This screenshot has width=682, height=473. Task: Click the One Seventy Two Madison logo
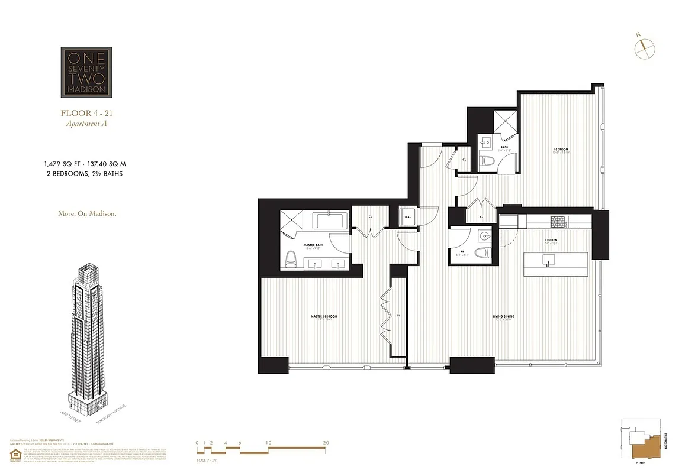86,72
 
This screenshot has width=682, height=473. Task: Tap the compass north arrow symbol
644,48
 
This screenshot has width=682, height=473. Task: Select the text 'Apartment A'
86,124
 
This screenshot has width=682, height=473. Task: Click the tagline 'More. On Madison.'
86,213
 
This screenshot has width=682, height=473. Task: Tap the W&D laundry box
408,217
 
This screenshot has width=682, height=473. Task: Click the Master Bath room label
313,245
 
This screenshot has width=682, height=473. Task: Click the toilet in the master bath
291,258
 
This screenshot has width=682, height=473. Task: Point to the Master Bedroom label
324,316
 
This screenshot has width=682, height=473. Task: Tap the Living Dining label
504,316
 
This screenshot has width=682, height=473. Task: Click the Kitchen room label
551,240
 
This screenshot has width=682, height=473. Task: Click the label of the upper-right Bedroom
561,149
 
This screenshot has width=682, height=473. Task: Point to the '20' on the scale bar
326,442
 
